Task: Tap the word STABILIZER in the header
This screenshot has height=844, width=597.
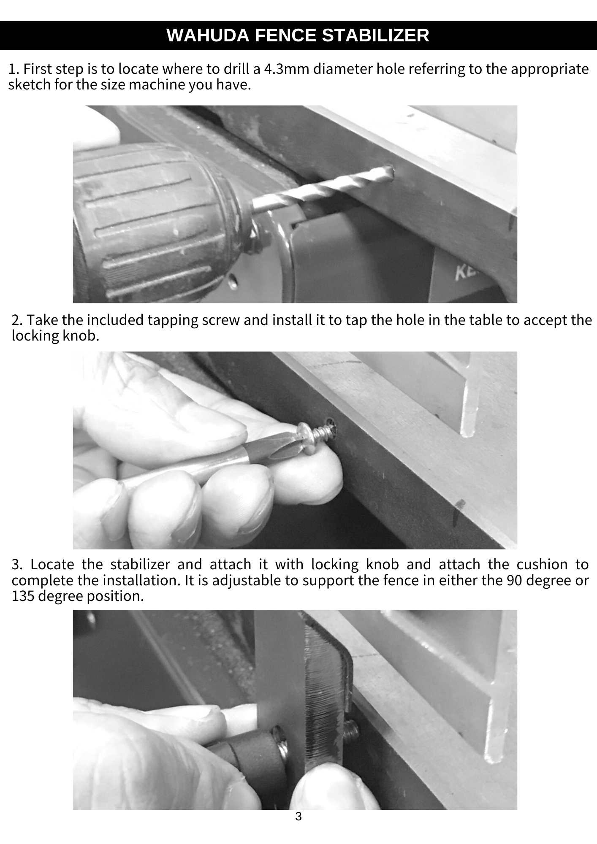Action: tap(376, 35)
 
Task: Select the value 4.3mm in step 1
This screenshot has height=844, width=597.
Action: tap(287, 68)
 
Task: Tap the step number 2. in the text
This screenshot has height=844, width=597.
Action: tap(17, 320)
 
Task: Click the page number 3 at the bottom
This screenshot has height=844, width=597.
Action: tap(298, 817)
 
